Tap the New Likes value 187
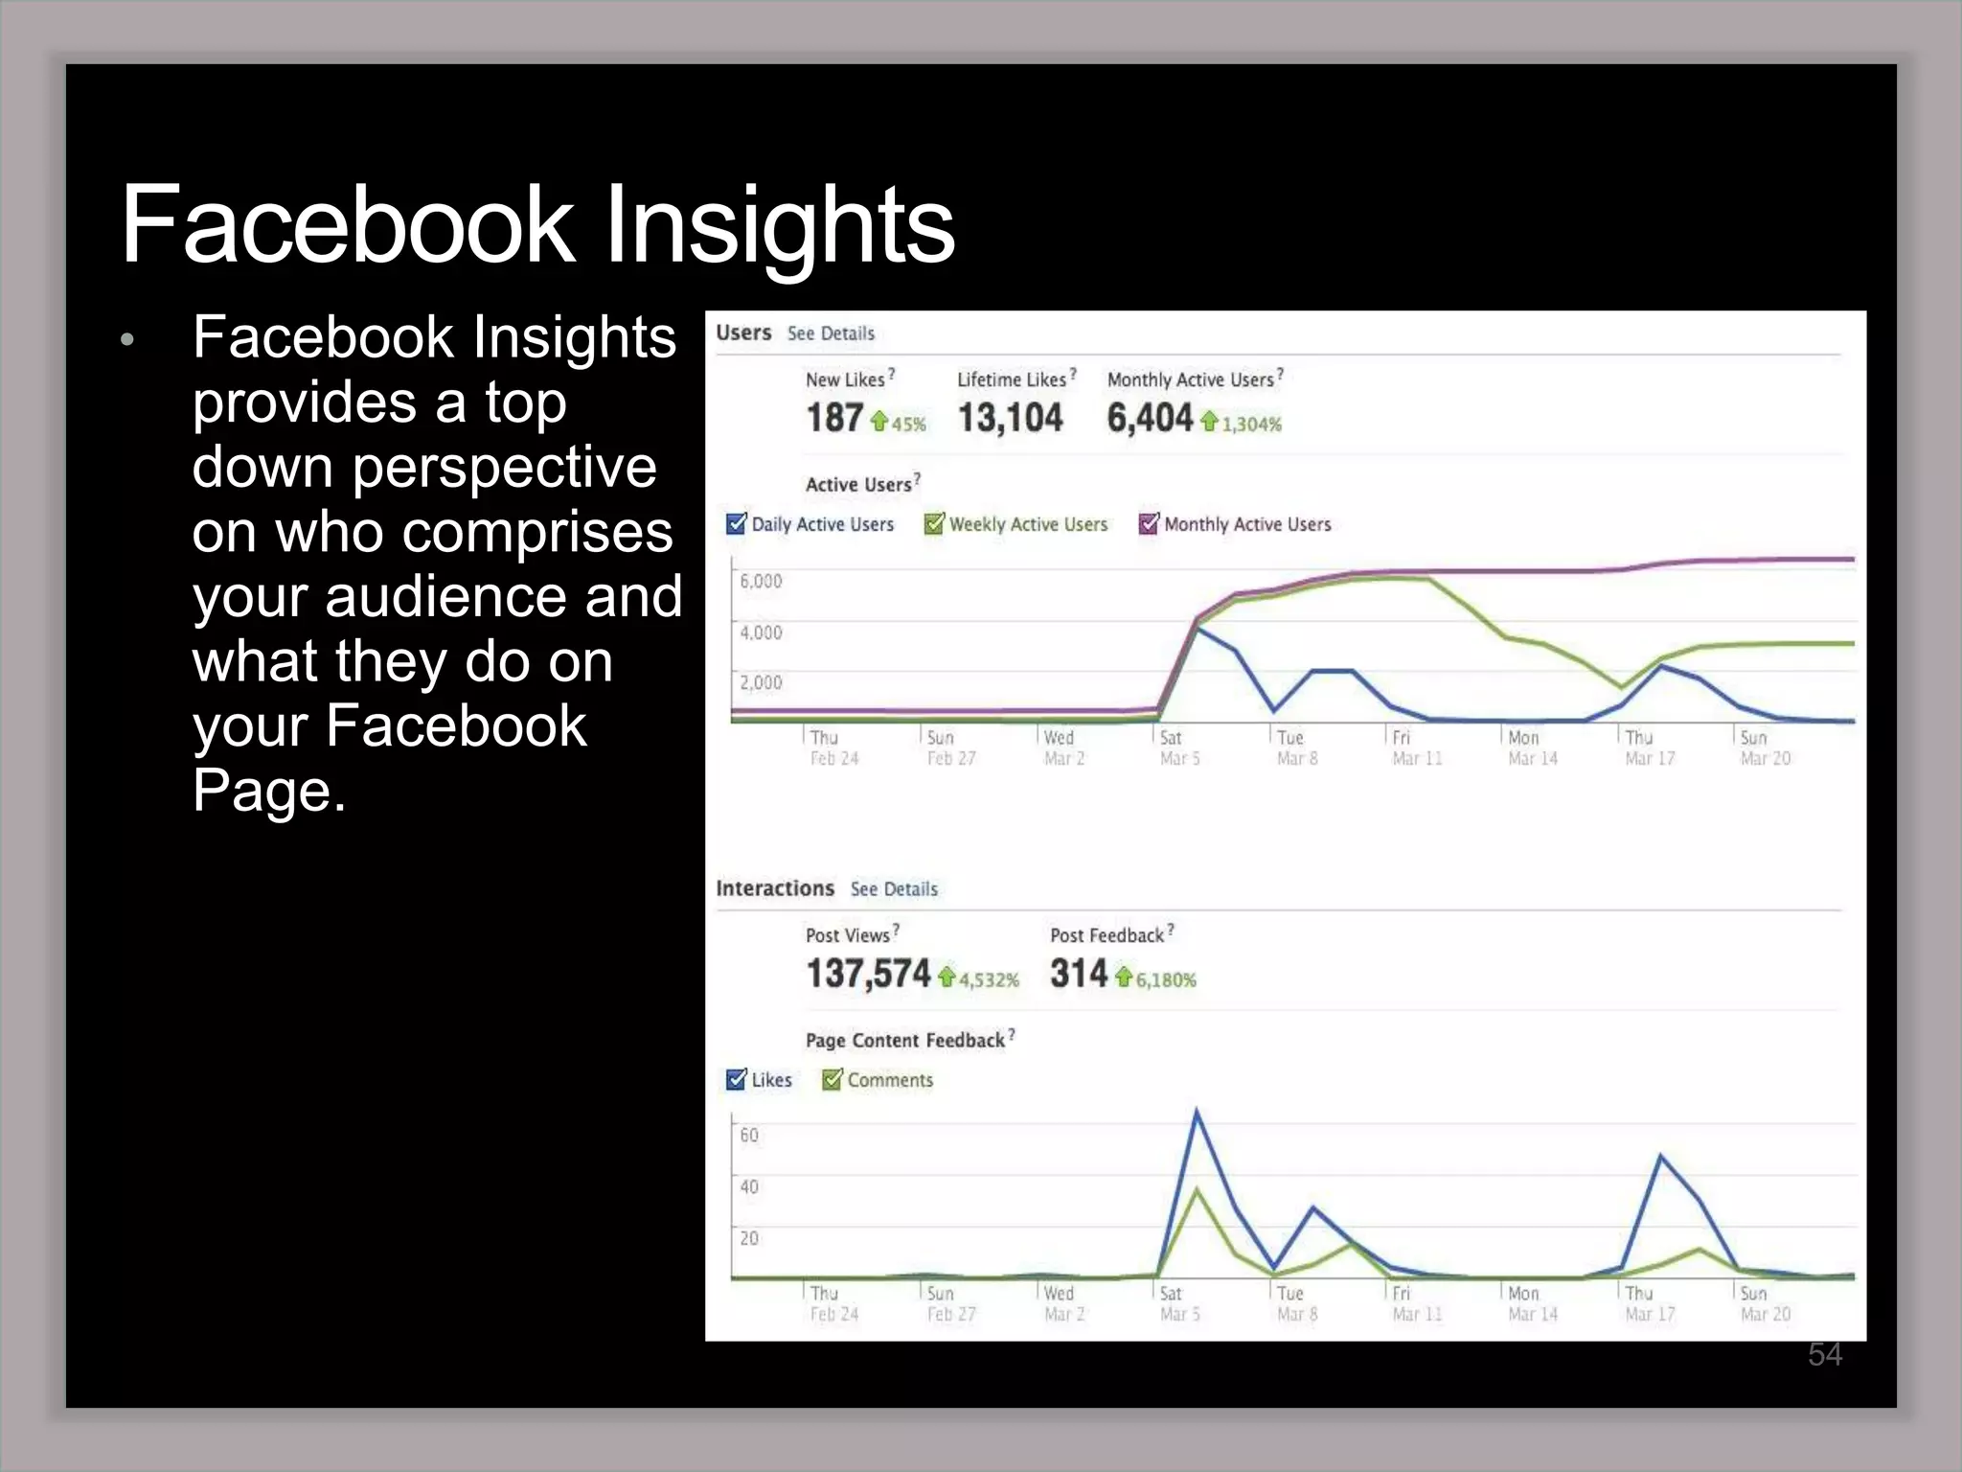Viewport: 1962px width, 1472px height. (834, 418)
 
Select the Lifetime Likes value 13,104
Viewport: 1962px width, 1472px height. (1010, 418)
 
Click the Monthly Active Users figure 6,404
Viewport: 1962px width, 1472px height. (1149, 418)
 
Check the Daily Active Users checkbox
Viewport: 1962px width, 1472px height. (736, 524)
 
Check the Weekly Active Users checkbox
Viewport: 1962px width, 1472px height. (933, 524)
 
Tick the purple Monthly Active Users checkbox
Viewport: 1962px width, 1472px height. (1148, 524)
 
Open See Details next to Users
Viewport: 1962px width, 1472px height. (831, 333)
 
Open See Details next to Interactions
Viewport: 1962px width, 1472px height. (894, 889)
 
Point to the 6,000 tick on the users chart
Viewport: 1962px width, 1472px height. (761, 581)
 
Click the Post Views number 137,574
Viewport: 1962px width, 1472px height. (868, 974)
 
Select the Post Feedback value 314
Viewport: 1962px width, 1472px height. (1078, 974)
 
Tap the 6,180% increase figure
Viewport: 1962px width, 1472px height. (1166, 979)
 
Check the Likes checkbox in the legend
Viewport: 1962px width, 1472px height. (736, 1080)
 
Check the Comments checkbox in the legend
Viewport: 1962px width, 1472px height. (832, 1080)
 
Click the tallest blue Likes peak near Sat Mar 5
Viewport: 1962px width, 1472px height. (1197, 1112)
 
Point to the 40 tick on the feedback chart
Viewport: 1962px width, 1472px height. (749, 1186)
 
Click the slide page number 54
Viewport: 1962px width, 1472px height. (1824, 1354)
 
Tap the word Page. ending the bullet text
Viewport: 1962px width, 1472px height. (268, 791)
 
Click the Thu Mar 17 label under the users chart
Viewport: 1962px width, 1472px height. (1649, 747)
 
